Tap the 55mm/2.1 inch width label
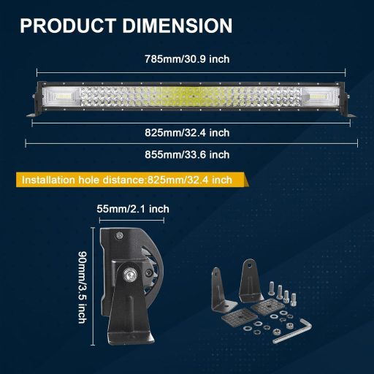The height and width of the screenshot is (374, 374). (133, 209)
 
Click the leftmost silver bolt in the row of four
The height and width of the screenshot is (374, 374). (272, 291)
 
